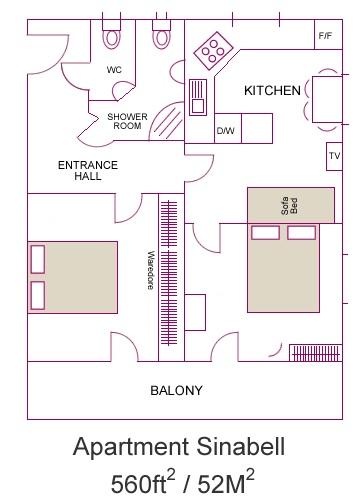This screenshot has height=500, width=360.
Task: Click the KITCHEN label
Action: (272, 91)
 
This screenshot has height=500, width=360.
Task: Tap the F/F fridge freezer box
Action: (328, 34)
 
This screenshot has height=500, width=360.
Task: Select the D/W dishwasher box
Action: (228, 129)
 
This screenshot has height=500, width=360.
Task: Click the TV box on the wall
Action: (334, 156)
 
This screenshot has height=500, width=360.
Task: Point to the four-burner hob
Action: (213, 51)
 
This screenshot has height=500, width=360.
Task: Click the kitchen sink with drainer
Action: (198, 97)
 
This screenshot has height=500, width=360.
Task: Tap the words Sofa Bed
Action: (289, 206)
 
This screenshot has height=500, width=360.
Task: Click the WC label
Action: (114, 70)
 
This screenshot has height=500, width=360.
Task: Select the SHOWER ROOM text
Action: (127, 121)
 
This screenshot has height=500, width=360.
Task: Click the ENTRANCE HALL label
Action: (88, 170)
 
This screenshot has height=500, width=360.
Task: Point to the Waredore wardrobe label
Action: (151, 270)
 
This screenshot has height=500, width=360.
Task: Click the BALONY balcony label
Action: (176, 390)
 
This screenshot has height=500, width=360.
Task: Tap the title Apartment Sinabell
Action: (179, 447)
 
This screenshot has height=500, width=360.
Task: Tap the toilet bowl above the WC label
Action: (111, 37)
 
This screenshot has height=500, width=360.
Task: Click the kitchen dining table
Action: (327, 99)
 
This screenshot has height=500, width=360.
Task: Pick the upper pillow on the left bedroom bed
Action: (38, 259)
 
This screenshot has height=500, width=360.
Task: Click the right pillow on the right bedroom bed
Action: (301, 233)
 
